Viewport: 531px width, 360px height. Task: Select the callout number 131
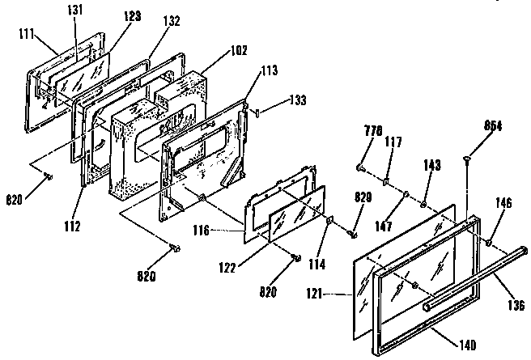pos(74,9)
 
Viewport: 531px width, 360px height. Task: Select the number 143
pos(433,166)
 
